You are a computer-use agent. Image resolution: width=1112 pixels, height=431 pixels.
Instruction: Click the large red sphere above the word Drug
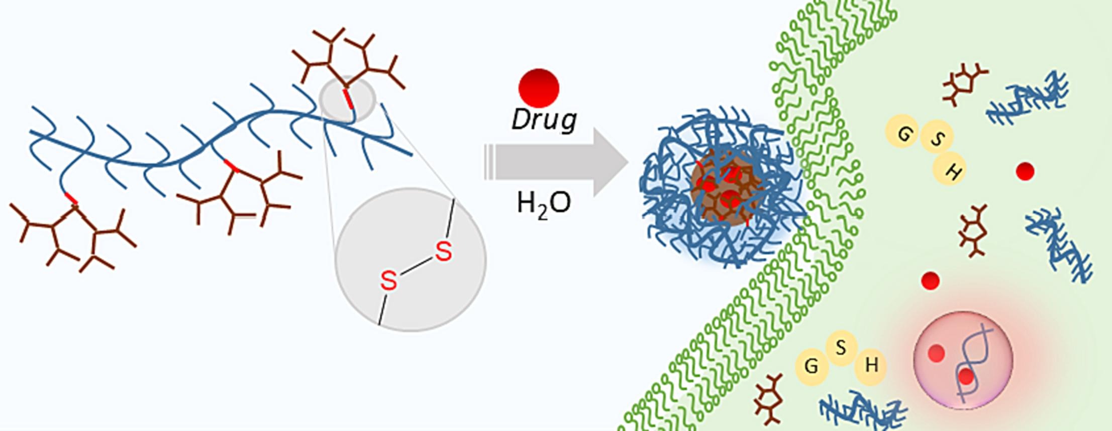(x=539, y=88)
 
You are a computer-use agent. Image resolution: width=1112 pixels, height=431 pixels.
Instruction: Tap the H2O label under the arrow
(x=544, y=204)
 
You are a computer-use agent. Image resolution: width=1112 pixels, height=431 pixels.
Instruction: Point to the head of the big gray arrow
(x=610, y=162)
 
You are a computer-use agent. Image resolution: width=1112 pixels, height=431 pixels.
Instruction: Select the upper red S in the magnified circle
(x=443, y=251)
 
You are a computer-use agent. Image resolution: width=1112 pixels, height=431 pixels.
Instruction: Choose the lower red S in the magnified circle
(x=388, y=281)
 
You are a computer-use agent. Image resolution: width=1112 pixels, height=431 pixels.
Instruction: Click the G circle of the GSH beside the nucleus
(x=811, y=367)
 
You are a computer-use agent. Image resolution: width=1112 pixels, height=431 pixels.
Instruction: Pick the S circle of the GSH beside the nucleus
(x=841, y=348)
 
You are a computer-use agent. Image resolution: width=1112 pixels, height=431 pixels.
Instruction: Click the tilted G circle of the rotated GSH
(x=903, y=133)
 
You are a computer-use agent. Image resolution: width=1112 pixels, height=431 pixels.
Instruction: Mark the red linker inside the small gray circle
(x=348, y=98)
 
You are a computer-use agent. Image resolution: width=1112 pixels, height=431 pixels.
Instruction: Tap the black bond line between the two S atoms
(x=416, y=266)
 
